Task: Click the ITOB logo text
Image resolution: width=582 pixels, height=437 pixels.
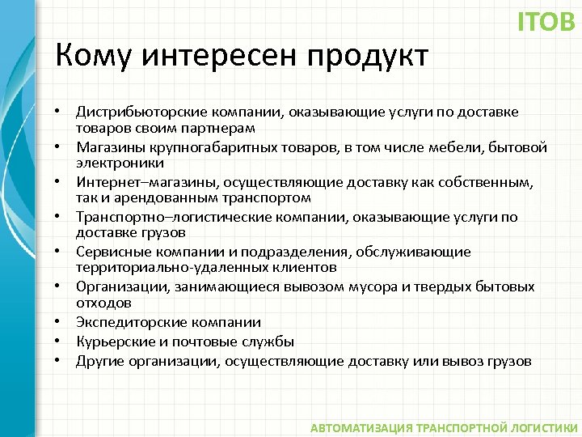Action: pos(546,22)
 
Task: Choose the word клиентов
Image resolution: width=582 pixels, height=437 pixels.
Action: pos(284,268)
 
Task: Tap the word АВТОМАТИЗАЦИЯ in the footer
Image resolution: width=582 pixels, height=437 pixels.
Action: pos(361,426)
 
